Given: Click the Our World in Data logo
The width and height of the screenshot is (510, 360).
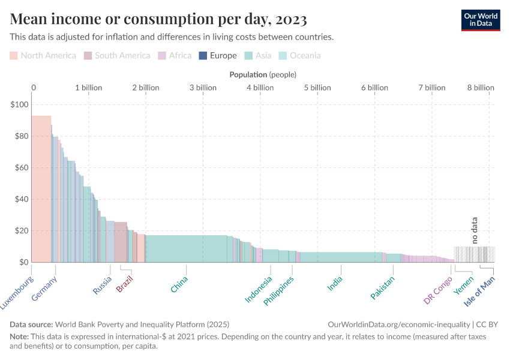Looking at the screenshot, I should pyautogui.click(x=481, y=19).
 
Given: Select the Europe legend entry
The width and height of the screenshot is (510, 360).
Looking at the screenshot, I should pyautogui.click(x=218, y=56).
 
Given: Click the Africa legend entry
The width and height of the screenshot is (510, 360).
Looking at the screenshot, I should pyautogui.click(x=175, y=56).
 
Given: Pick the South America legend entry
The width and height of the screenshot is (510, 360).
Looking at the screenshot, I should pyautogui.click(x=117, y=56).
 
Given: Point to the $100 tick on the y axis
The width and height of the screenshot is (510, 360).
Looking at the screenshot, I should pyautogui.click(x=20, y=104).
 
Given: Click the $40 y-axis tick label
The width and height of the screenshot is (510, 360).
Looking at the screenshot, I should pyautogui.click(x=21, y=199).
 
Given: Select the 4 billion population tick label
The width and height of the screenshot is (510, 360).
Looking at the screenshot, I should pyautogui.click(x=260, y=88).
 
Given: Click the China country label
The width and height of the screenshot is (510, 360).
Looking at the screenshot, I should pyautogui.click(x=179, y=284).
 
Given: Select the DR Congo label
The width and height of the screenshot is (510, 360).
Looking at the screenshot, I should pyautogui.click(x=438, y=290).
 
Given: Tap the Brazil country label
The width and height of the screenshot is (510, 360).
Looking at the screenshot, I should pyautogui.click(x=124, y=283).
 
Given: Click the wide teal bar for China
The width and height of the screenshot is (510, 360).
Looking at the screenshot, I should pyautogui.click(x=186, y=248).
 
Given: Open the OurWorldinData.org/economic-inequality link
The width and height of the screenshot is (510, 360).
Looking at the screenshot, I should pyautogui.click(x=400, y=323).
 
